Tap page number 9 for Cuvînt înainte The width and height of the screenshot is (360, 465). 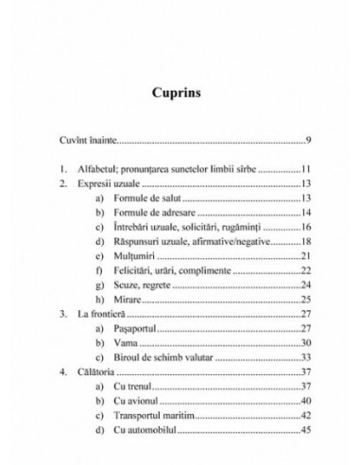coord(308,141)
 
